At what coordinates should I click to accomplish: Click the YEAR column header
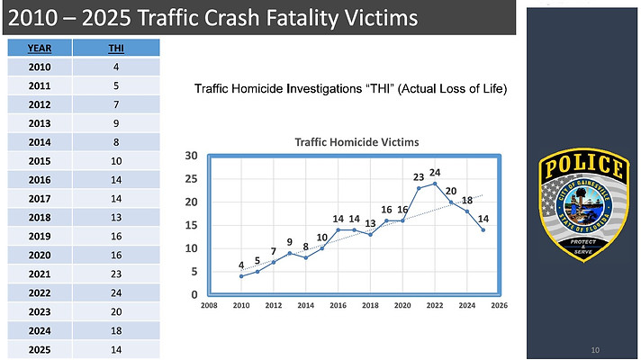(x=40, y=49)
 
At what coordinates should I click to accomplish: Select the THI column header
(x=116, y=49)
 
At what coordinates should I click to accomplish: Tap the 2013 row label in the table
(x=40, y=123)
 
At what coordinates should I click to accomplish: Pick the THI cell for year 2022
(x=116, y=293)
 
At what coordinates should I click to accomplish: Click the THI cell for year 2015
(x=116, y=161)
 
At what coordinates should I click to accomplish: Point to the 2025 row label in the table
(x=40, y=350)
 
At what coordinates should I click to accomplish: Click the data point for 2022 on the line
(x=435, y=184)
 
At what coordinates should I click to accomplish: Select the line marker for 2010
(x=241, y=276)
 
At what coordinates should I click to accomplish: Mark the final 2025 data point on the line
(x=483, y=230)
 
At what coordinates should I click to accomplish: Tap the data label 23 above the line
(x=419, y=177)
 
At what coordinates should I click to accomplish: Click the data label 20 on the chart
(x=451, y=191)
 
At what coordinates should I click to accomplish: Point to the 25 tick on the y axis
(x=191, y=179)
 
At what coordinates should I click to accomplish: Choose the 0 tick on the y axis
(x=194, y=294)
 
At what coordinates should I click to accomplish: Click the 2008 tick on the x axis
(x=209, y=305)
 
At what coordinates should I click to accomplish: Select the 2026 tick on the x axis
(x=499, y=305)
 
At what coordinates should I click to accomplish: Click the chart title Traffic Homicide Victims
(x=357, y=142)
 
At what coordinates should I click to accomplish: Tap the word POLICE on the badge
(x=583, y=166)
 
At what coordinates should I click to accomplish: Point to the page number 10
(x=595, y=350)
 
